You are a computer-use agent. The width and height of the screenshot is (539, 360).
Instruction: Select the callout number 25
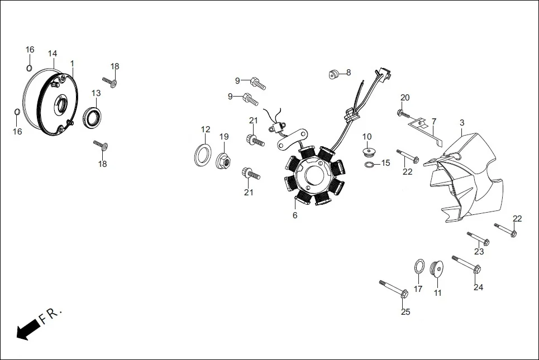[x=406, y=312]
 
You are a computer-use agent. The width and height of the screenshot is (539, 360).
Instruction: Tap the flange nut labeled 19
[x=223, y=160]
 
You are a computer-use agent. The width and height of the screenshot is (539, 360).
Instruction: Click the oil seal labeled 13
[x=93, y=117]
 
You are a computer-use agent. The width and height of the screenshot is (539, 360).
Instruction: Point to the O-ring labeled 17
[x=418, y=267]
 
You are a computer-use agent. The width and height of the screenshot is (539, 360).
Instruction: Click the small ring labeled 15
[x=369, y=165]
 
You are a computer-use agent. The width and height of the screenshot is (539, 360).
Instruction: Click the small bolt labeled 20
[x=402, y=113]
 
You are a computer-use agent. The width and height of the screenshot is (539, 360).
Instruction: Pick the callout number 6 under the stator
[x=294, y=215]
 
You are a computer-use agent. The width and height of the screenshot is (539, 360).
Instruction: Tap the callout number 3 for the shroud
[x=462, y=122]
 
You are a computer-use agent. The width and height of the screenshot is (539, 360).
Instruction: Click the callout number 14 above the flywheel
[x=53, y=54]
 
